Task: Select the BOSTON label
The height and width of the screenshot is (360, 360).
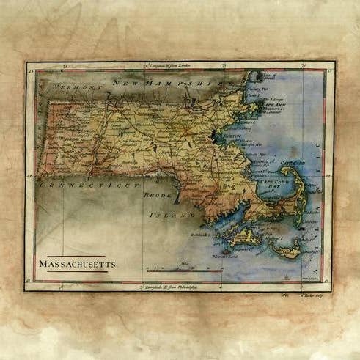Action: [x=232, y=136]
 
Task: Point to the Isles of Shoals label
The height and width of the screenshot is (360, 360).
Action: [x=271, y=76]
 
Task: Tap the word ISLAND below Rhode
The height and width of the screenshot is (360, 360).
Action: [x=163, y=216]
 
